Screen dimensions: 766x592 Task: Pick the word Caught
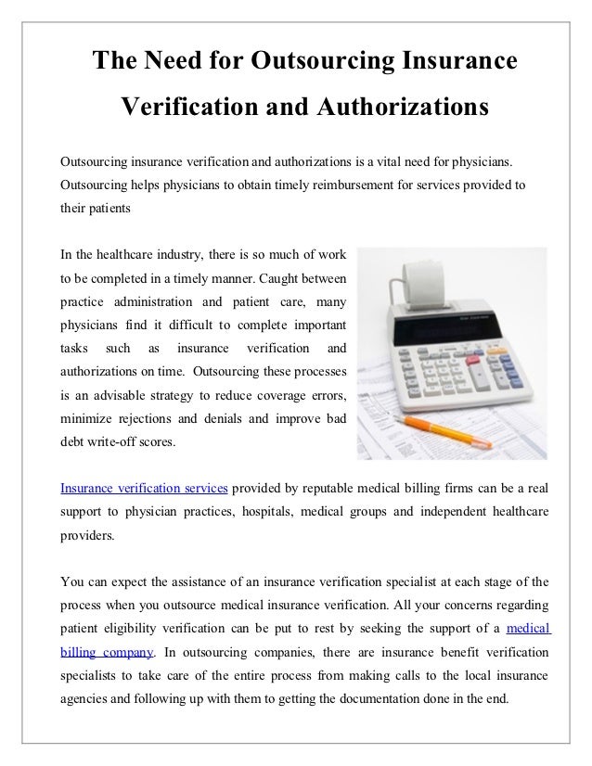coord(280,278)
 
